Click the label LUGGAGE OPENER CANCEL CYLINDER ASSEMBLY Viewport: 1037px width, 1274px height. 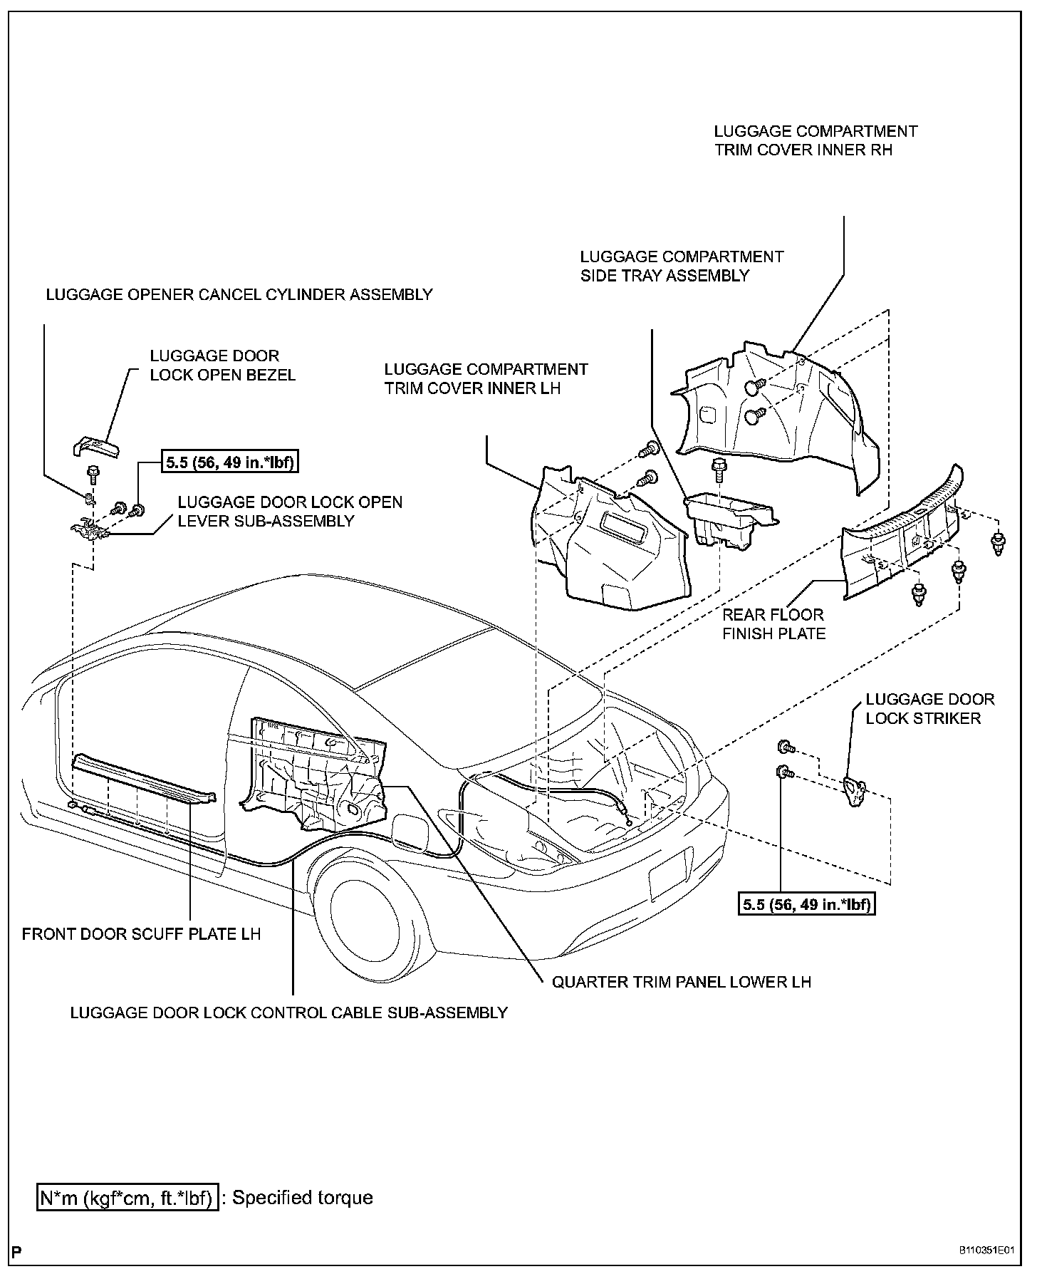point(239,294)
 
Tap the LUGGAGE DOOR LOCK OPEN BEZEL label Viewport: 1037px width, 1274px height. point(222,366)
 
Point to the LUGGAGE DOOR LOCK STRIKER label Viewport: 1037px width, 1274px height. point(929,709)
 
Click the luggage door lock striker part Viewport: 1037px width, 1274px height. point(853,791)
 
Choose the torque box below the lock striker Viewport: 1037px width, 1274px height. point(807,904)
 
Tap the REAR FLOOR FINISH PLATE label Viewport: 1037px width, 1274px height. point(773,624)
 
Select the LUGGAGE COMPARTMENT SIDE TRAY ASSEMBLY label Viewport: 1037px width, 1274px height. point(682,266)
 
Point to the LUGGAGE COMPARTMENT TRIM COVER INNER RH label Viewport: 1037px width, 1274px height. point(815,140)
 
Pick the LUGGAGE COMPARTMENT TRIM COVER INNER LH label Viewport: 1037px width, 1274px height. point(486,378)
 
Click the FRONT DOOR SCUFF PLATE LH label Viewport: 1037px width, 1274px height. point(141,933)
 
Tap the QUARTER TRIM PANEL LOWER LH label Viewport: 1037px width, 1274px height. point(682,982)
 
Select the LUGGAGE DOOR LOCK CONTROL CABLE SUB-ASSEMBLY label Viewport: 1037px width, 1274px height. point(288,1013)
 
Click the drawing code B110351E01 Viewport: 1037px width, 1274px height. point(985,1251)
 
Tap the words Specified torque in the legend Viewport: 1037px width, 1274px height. point(303,1197)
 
